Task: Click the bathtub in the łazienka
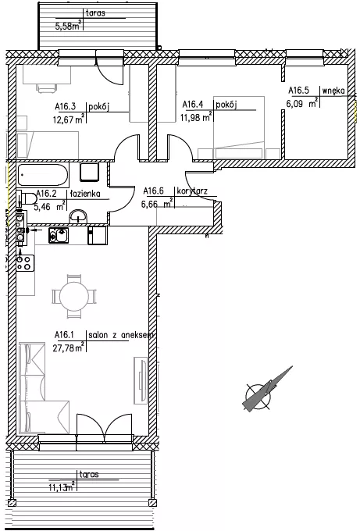click(x=43, y=175)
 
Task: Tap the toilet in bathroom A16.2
click(x=27, y=199)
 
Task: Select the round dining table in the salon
click(x=74, y=296)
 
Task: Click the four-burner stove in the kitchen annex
click(x=25, y=263)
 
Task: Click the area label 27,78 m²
click(x=69, y=347)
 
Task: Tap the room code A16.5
click(x=299, y=91)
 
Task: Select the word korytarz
click(x=192, y=191)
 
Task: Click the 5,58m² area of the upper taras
click(x=69, y=26)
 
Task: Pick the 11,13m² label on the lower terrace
click(x=62, y=487)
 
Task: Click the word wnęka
click(x=333, y=91)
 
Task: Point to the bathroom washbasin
click(x=79, y=217)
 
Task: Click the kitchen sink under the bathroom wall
click(x=59, y=235)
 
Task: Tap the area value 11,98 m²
click(x=197, y=117)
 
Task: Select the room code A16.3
click(x=65, y=107)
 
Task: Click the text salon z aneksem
click(x=121, y=335)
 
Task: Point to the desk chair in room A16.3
click(x=47, y=87)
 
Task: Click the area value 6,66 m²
click(x=157, y=205)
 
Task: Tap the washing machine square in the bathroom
click(x=89, y=171)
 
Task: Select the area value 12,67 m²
click(x=69, y=119)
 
